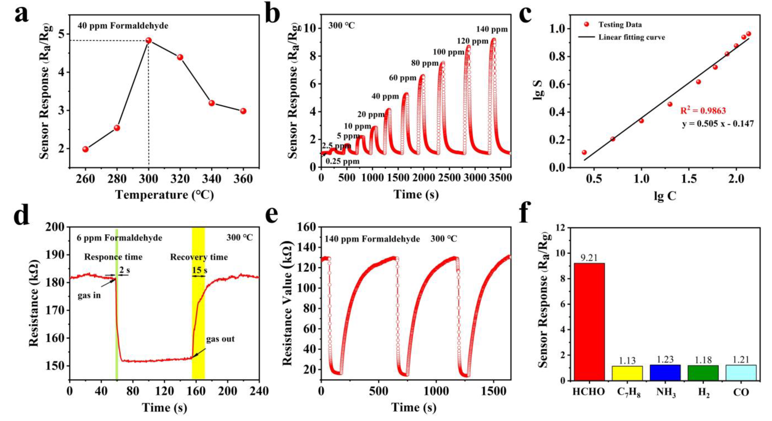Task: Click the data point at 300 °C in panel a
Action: [148, 40]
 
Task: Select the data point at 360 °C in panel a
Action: [243, 111]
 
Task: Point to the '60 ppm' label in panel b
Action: [403, 78]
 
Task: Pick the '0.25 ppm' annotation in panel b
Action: [342, 162]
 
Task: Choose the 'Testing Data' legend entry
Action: [620, 25]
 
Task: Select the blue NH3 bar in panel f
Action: [665, 372]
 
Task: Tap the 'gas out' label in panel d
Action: [220, 339]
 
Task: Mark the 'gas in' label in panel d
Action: [89, 296]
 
